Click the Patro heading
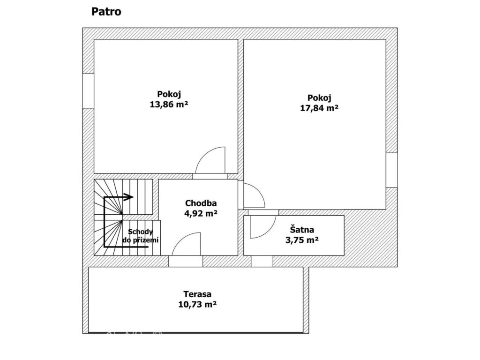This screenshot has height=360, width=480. pos(106,12)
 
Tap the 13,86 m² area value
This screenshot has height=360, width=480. pos(169,105)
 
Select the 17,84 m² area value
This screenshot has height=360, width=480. pos(319,108)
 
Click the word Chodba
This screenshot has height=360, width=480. pos(201,203)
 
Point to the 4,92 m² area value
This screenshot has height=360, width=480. pos(201,213)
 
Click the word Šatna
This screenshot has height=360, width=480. pos(302,229)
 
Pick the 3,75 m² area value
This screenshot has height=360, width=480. pos(302,240)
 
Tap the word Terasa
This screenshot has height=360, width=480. pos(197,294)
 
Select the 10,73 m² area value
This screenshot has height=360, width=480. pos(197,305)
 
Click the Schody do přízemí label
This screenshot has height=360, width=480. pos(141,236)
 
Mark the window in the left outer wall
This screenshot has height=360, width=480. pos(88,90)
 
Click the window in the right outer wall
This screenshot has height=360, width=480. pos(391,170)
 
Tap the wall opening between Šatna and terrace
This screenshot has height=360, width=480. pos(262,261)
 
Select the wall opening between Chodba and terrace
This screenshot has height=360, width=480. pos(186,261)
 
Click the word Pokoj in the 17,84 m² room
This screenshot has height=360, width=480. pos(319,98)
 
